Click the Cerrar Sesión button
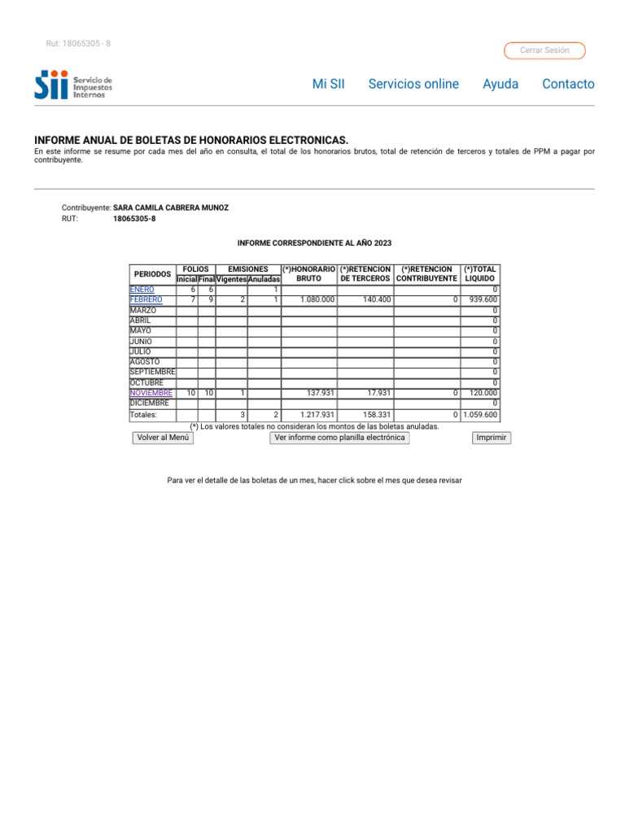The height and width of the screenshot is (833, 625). click(544, 50)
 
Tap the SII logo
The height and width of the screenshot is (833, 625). click(73, 85)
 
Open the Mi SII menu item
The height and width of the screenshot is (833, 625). click(329, 84)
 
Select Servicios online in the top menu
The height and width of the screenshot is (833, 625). click(413, 84)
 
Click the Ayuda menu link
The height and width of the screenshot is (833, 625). click(500, 84)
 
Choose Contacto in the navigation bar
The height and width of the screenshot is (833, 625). click(568, 84)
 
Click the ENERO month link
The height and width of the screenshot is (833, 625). click(142, 290)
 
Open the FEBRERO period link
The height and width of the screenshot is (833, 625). click(146, 299)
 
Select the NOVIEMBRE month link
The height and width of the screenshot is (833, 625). click(151, 393)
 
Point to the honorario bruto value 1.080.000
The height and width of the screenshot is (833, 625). click(317, 299)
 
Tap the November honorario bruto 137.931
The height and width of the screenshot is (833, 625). click(321, 393)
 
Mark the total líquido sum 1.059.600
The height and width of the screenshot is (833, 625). click(480, 415)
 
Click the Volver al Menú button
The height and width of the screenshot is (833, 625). click(163, 438)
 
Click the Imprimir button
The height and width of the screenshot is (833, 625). click(492, 438)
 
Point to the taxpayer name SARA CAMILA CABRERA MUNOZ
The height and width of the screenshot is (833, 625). click(171, 207)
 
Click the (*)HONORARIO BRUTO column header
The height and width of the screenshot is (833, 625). click(309, 273)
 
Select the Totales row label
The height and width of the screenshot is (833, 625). click(143, 415)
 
